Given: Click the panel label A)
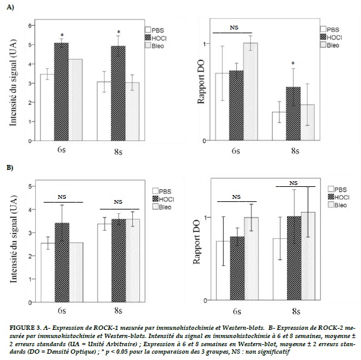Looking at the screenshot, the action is tap(10, 8).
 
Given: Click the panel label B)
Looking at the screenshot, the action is tap(10, 167).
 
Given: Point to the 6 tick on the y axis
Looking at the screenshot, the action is tap(30, 25).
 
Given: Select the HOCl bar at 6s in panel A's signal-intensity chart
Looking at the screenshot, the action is tap(61, 92).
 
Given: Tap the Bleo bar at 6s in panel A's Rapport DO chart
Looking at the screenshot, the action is tap(251, 92).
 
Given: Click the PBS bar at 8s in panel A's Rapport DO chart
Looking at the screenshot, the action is tap(279, 126).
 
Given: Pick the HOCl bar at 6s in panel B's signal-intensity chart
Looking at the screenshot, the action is tap(62, 262).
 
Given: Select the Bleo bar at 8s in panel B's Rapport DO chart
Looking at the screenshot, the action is tap(308, 256).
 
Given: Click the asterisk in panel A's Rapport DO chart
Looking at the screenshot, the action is tap(293, 63).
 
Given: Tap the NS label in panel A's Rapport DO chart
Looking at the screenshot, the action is tap(234, 28).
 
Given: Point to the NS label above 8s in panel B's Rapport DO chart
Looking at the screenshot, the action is tap(293, 183).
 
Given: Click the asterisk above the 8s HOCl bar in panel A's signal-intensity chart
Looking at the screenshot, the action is tap(118, 32).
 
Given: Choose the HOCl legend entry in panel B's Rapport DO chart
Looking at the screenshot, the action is tap(338, 197).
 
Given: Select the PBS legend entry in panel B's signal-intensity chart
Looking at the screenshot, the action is tap(162, 191).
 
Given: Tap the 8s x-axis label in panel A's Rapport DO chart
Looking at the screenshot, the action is tap(295, 151).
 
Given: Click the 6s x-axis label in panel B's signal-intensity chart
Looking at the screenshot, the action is tap(61, 310).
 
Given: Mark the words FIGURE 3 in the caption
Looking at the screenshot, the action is tap(25, 327).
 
